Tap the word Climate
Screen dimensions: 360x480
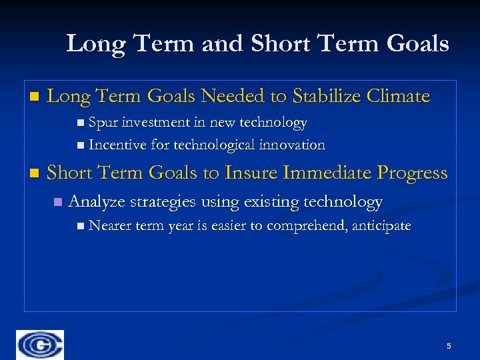click(399, 97)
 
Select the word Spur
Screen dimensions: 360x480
click(103, 123)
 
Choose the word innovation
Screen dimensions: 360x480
click(293, 145)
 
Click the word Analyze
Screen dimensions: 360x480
click(98, 201)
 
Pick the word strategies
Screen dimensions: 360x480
click(163, 201)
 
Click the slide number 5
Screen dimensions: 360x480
click(449, 346)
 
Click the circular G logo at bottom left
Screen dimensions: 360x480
click(40, 345)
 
